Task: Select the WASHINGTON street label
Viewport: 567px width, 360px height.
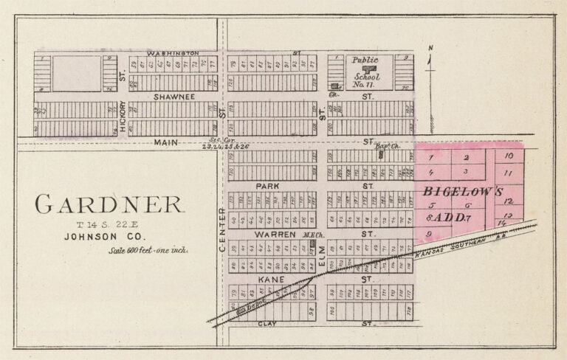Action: click(173, 54)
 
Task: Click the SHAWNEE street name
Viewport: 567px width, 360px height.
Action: click(174, 97)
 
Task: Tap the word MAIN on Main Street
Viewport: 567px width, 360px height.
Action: click(165, 142)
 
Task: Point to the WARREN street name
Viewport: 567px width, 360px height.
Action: click(274, 235)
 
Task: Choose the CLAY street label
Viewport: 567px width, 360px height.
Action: click(267, 323)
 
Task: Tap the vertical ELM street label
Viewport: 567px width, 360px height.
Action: click(322, 255)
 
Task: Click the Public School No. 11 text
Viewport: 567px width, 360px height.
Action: click(365, 68)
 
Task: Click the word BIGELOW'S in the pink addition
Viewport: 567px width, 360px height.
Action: click(463, 191)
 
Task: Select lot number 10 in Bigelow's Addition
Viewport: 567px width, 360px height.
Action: click(509, 156)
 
